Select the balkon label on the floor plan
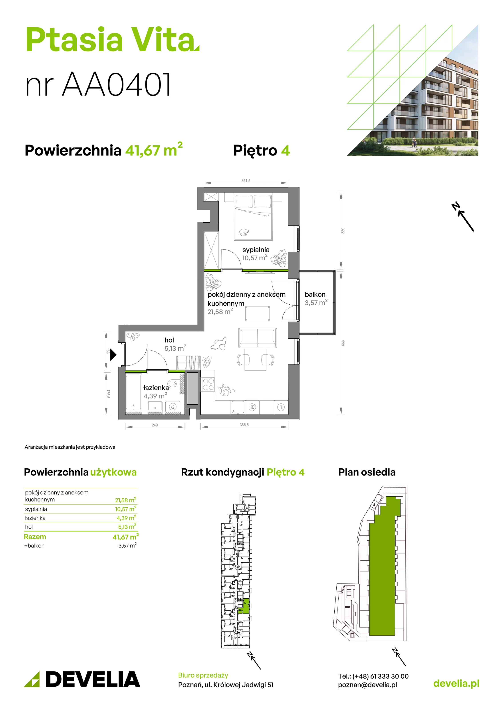tap(315, 294)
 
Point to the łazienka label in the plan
tap(156, 387)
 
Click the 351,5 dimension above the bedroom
tap(246, 181)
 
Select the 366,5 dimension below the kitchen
tap(244, 425)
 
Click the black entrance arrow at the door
tap(113, 355)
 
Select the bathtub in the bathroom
tap(133, 393)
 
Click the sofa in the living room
tap(258, 338)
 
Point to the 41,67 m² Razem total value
tap(126, 537)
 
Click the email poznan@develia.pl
tap(367, 685)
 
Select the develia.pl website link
tap(456, 683)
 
